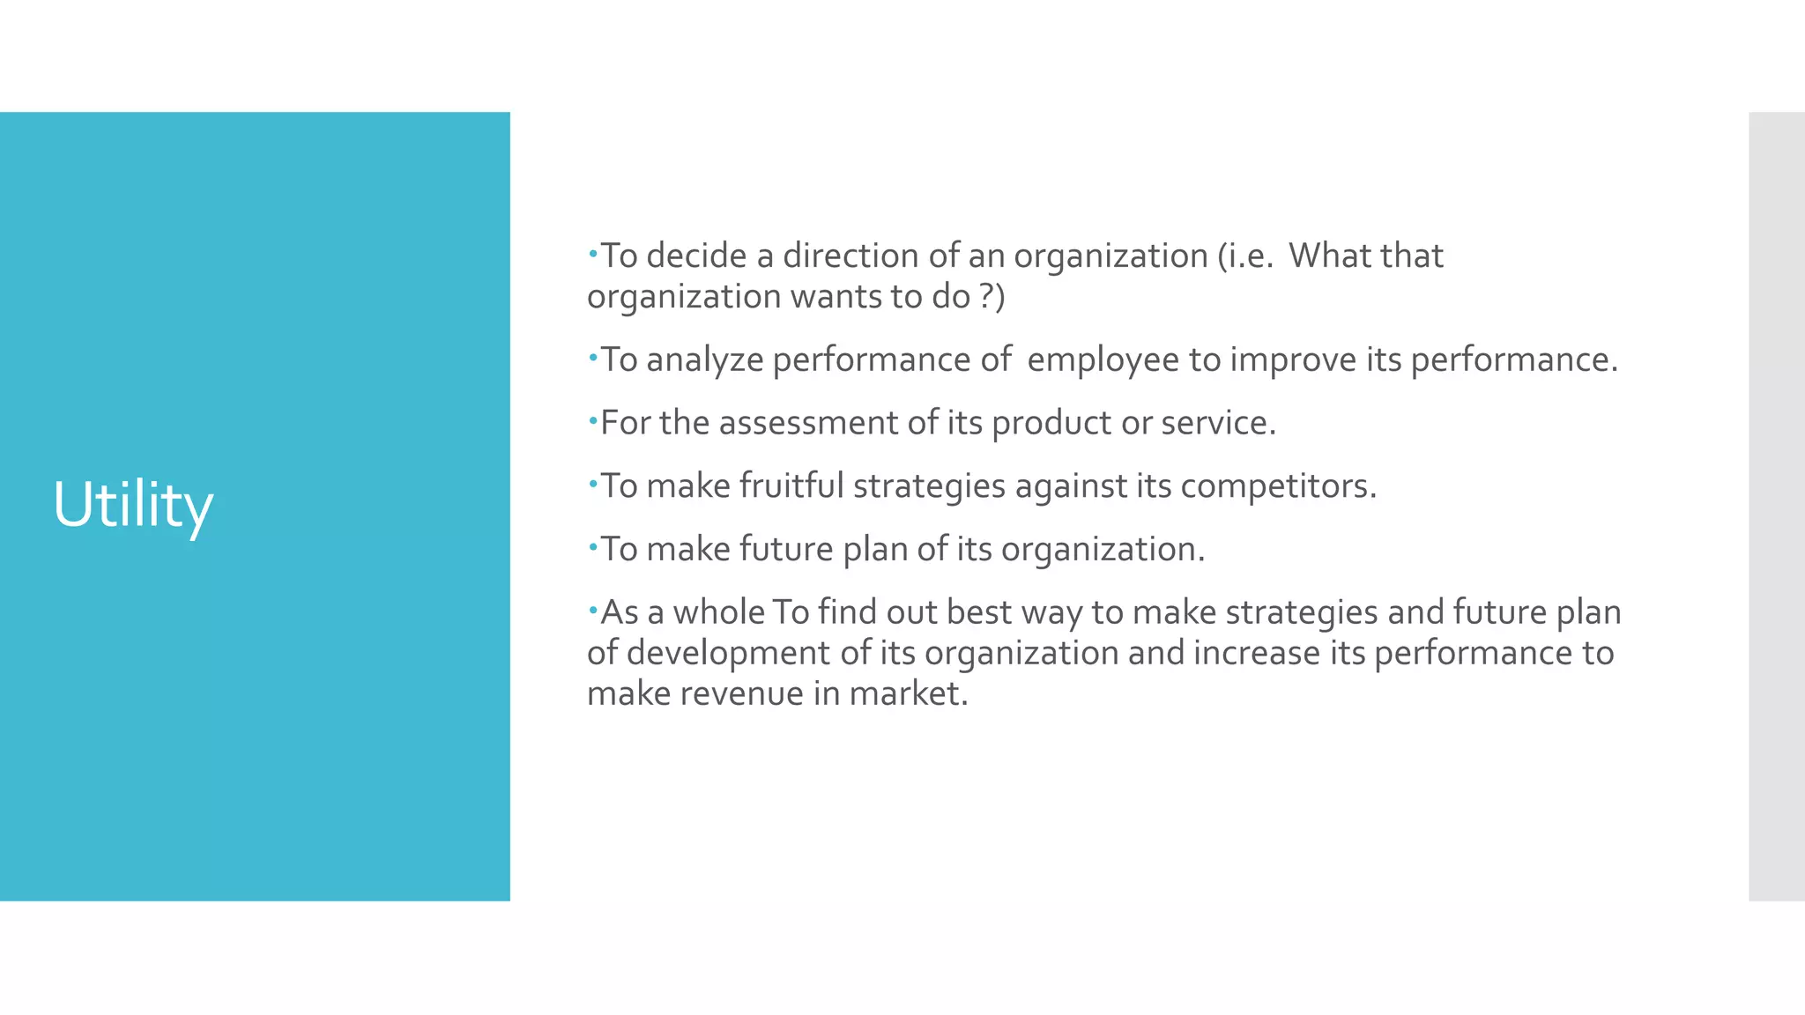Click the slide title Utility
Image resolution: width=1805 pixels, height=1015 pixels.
[x=133, y=506]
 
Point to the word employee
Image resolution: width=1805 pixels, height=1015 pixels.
[x=1103, y=360]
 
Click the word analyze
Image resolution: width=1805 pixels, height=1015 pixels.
[x=704, y=360]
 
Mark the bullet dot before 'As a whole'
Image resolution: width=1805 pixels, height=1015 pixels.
[x=593, y=609]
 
